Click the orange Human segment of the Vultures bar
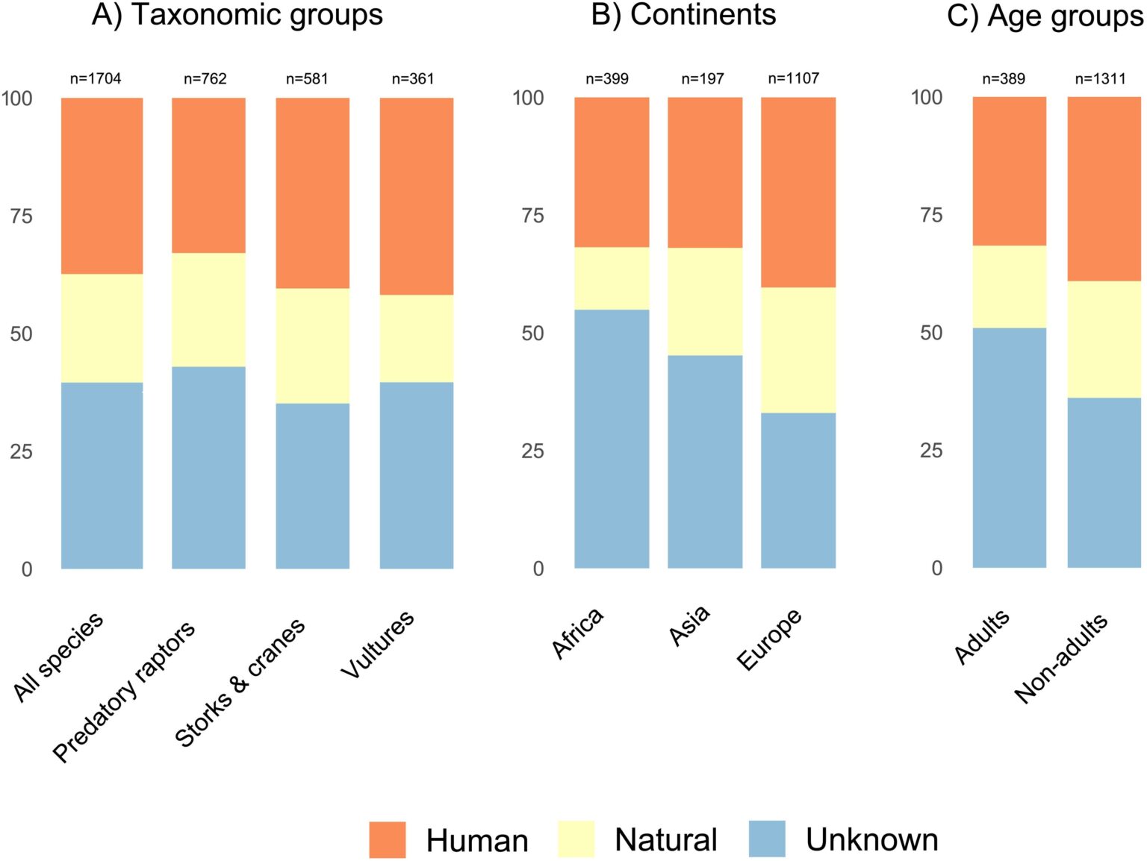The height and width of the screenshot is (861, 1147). click(416, 196)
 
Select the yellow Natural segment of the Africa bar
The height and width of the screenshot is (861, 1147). click(611, 278)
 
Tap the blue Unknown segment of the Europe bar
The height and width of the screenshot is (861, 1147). click(798, 490)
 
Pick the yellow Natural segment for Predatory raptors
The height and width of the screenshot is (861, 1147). click(208, 310)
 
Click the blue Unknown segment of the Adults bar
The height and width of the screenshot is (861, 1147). click(1009, 448)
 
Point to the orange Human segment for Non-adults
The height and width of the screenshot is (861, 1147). click(1104, 189)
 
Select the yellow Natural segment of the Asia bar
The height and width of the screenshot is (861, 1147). click(704, 301)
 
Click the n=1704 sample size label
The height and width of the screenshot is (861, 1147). click(96, 78)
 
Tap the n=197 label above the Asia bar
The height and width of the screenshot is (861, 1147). click(702, 78)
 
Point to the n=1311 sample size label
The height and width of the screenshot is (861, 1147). click(1100, 78)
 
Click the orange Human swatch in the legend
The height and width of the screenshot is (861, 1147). click(388, 839)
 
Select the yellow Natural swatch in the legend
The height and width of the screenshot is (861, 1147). click(576, 839)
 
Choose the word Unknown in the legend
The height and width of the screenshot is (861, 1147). click(871, 840)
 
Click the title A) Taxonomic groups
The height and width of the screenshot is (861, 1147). click(237, 15)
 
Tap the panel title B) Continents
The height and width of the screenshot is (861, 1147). click(683, 15)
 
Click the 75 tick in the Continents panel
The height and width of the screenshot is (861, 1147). click(532, 216)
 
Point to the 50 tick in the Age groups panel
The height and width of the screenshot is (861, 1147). click(930, 333)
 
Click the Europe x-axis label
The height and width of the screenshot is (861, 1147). click(770, 639)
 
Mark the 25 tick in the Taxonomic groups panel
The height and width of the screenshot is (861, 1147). click(21, 451)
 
